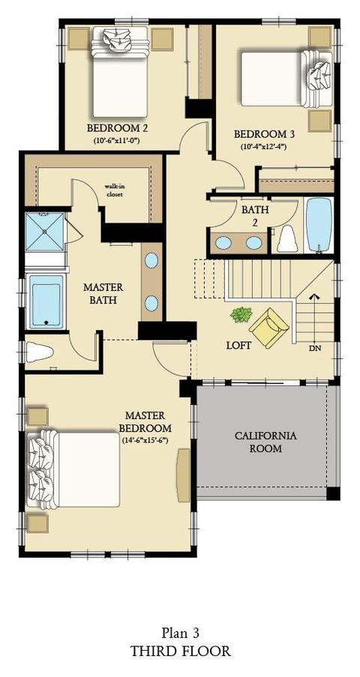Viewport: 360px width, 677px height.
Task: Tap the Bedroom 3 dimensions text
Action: pos(264,146)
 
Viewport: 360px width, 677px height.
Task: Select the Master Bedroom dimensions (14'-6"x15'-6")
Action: pos(145,440)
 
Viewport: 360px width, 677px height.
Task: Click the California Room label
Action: pos(265,442)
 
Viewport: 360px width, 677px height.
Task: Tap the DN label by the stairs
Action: pos(315,349)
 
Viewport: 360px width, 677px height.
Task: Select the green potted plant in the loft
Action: pos(241,314)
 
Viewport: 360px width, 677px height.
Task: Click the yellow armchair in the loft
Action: pos(268,328)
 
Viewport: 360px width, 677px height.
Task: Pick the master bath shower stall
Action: pos(44,232)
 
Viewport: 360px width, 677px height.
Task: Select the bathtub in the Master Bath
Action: pos(46,301)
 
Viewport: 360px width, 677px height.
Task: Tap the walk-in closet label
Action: pos(113,190)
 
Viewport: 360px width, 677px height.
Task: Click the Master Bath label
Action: pos(103,294)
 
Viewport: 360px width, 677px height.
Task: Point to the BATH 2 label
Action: pos(255,216)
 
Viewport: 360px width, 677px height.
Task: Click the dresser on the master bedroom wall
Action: pos(184,475)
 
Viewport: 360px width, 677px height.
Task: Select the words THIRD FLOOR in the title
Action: pos(180,651)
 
